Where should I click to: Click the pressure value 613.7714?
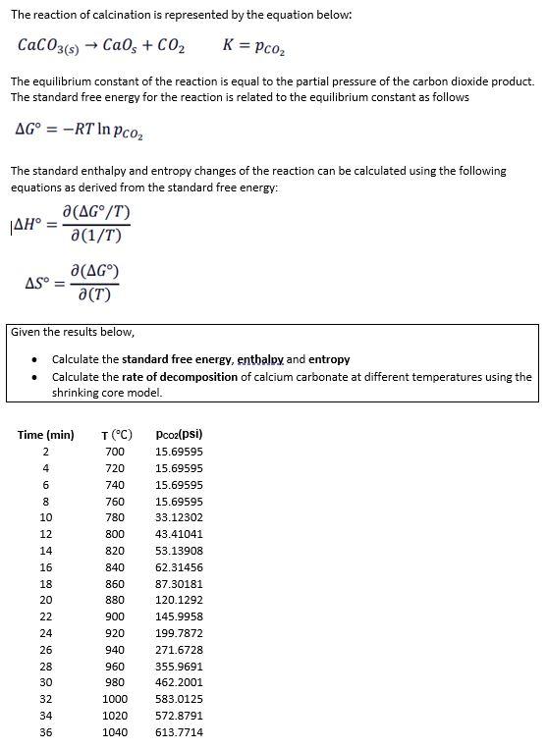(179, 732)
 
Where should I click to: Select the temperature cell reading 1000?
(115, 699)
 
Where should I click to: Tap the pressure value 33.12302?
(179, 517)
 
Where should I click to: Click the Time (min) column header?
(46, 435)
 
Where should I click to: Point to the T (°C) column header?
(116, 435)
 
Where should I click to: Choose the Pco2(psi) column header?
(179, 434)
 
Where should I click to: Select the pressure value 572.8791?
(179, 716)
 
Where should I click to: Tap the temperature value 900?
(115, 616)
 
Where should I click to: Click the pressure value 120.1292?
(179, 600)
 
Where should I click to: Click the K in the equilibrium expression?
(229, 45)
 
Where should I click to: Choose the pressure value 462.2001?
(179, 682)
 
